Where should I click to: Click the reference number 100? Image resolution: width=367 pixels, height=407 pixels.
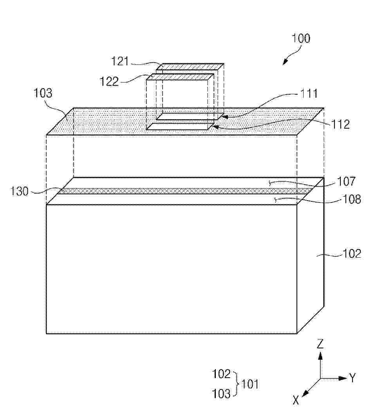point(301,38)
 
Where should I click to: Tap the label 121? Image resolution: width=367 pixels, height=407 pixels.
point(120,61)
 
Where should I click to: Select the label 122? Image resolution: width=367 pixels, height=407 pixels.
point(109,81)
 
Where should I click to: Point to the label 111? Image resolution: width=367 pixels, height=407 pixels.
point(309,93)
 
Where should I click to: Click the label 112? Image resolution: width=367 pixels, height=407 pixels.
point(340,125)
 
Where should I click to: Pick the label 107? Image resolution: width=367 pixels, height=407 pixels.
point(346,181)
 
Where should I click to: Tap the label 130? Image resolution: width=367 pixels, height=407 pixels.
point(19,191)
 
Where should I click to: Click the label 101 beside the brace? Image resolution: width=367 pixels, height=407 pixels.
point(250,384)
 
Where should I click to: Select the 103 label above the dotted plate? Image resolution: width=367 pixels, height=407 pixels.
point(43,93)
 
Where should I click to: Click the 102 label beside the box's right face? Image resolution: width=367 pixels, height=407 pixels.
point(352,254)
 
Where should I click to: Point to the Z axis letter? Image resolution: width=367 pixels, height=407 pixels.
point(320,344)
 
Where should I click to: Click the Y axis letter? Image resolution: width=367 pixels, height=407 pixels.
point(353,378)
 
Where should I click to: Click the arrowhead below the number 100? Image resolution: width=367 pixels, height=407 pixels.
point(285,62)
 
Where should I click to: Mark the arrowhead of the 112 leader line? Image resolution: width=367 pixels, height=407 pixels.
point(215,127)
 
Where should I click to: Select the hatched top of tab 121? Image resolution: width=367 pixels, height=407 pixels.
point(190,66)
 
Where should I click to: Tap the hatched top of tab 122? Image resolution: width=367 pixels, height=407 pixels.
point(180,77)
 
